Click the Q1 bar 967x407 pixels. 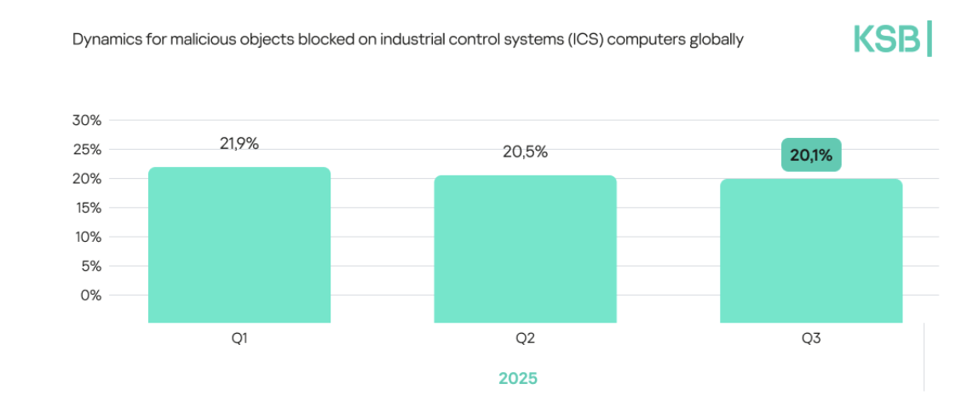pos(239,245)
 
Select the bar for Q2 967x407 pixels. pos(525,249)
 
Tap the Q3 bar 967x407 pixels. pos(811,251)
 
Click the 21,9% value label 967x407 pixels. pos(239,144)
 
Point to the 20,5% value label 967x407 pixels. pos(525,152)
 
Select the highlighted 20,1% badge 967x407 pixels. pos(811,155)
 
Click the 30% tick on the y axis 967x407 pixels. pos(87,121)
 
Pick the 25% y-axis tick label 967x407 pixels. pos(87,150)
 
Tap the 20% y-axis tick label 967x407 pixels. pos(87,179)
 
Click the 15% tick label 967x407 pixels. pos(87,208)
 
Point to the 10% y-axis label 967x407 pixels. pos(87,237)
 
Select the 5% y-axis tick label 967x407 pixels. pos(89,266)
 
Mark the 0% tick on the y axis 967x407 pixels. pos(89,295)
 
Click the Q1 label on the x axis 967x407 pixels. pos(239,339)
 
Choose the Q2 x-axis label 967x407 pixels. pos(525,339)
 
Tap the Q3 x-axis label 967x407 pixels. pos(811,339)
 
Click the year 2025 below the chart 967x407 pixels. pos(518,378)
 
